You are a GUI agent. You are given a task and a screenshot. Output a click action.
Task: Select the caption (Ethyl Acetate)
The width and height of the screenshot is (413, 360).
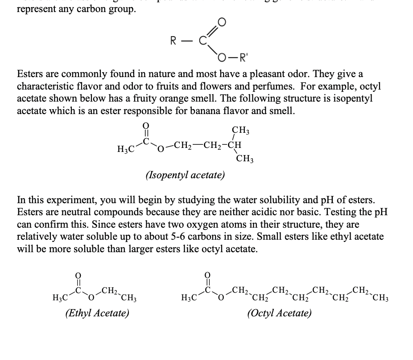[97, 313]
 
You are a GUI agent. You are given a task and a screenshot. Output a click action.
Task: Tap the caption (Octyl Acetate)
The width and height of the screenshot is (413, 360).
[279, 313]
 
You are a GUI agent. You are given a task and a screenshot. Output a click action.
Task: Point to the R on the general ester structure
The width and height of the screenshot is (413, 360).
[175, 41]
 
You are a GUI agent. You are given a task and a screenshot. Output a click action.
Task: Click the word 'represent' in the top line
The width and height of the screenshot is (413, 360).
[37, 9]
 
